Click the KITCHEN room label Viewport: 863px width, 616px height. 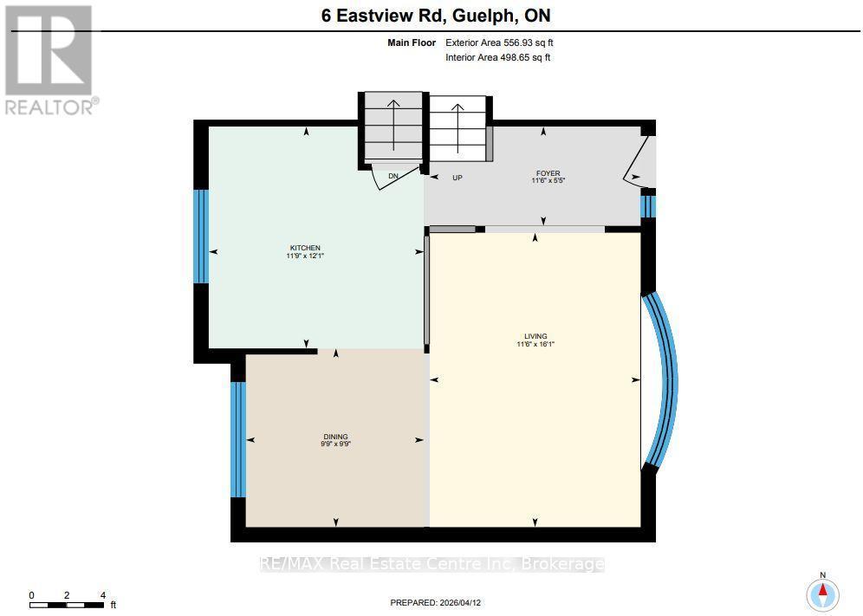coord(305,248)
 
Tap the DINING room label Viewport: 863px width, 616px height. coord(335,437)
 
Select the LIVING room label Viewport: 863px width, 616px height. coord(535,336)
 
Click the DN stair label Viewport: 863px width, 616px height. coord(393,176)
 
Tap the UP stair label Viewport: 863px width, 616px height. coord(457,178)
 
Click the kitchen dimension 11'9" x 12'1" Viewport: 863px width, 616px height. coord(305,256)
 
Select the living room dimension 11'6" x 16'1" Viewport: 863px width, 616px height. coord(535,344)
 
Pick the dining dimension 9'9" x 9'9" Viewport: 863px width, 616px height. coord(335,444)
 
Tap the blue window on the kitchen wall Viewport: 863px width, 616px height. coord(201,237)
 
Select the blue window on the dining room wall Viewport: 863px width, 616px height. coord(237,439)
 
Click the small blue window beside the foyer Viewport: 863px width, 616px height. coord(649,206)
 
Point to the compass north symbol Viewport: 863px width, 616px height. coord(823,593)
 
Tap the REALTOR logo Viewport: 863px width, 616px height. coord(50,60)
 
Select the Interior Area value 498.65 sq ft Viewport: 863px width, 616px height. coord(525,57)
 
